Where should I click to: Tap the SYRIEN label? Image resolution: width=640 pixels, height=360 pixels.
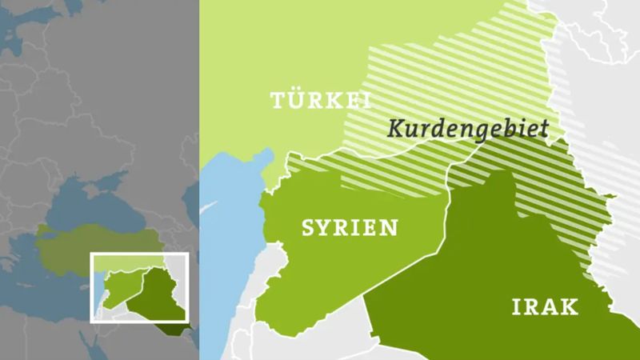[350, 228]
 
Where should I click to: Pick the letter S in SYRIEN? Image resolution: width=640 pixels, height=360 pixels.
[308, 228]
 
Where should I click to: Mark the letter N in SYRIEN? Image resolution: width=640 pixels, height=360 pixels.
[391, 228]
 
